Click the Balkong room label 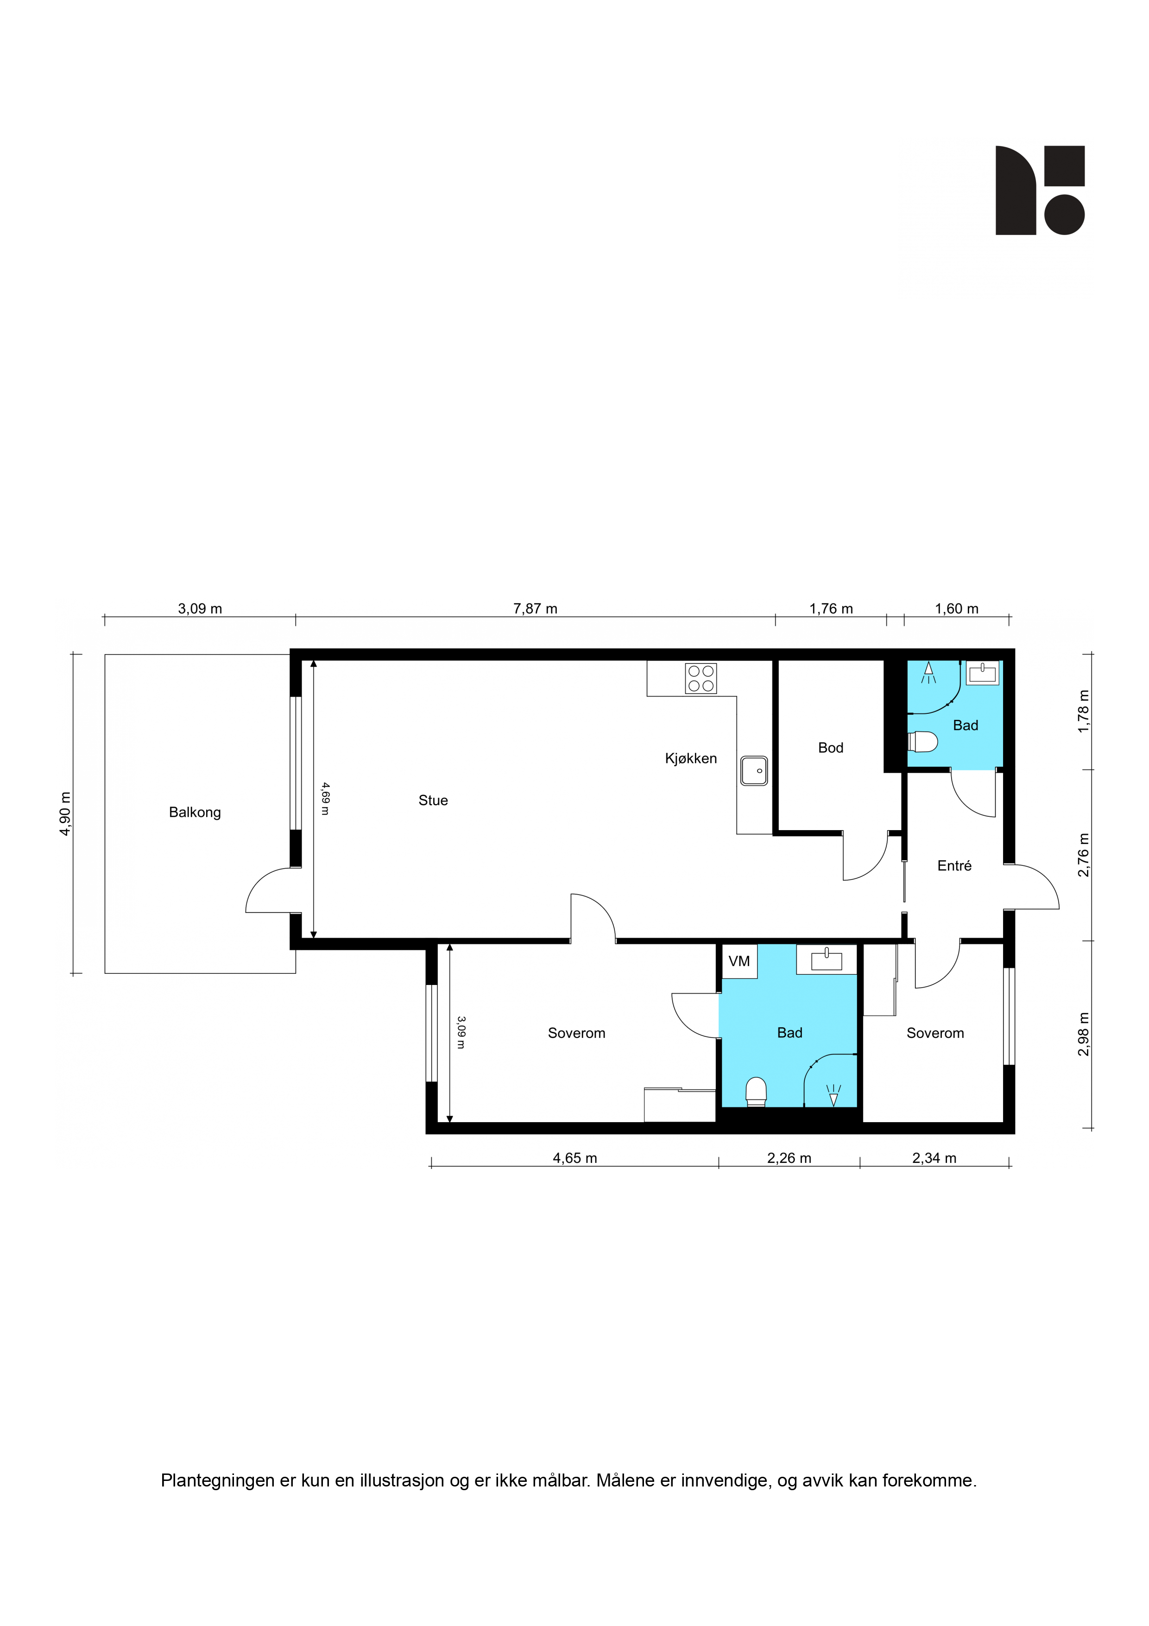click(x=195, y=812)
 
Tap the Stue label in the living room click(x=433, y=800)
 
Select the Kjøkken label click(x=691, y=758)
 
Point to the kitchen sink click(x=754, y=770)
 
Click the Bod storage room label click(x=830, y=748)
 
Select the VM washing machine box click(x=739, y=961)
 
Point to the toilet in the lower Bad click(x=756, y=1091)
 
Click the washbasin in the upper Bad click(x=983, y=673)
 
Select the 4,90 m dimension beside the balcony click(x=65, y=814)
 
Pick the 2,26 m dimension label click(x=789, y=1158)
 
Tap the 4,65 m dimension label click(x=575, y=1158)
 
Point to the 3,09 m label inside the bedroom click(x=461, y=1033)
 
